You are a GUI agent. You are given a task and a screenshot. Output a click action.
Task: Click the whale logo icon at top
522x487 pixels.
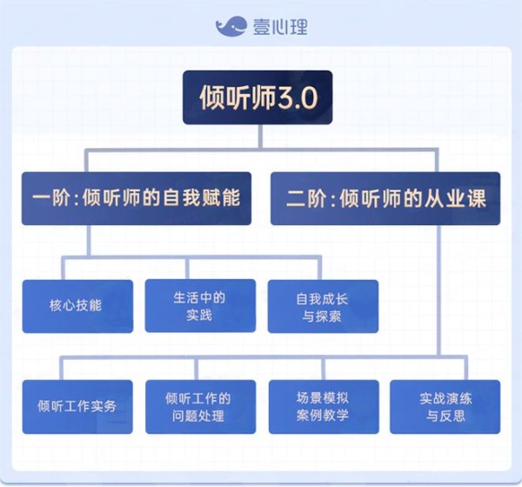pyautogui.click(x=231, y=26)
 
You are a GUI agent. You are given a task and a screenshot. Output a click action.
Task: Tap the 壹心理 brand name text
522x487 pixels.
pyautogui.click(x=280, y=27)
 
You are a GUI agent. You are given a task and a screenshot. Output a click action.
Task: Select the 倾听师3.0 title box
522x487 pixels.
pyautogui.click(x=258, y=97)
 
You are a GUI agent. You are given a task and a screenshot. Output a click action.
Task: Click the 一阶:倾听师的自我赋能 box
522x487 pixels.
pyautogui.click(x=137, y=198)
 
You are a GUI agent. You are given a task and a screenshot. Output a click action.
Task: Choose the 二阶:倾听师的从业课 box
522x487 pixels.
pyautogui.click(x=385, y=198)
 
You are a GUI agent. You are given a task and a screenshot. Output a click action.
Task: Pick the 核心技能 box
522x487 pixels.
pyautogui.click(x=77, y=306)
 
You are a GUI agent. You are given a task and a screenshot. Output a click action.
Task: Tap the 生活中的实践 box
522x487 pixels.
pyautogui.click(x=200, y=305)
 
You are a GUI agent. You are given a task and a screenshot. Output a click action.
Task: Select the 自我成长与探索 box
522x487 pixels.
pyautogui.click(x=323, y=306)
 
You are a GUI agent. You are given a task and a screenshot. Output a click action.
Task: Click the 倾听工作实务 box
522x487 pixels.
pyautogui.click(x=77, y=407)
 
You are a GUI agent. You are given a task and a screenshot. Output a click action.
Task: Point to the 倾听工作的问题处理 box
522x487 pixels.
pyautogui.click(x=201, y=407)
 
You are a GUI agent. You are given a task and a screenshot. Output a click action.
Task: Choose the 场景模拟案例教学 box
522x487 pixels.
pyautogui.click(x=324, y=407)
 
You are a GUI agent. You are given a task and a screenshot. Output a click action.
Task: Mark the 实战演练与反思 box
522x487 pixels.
pyautogui.click(x=445, y=407)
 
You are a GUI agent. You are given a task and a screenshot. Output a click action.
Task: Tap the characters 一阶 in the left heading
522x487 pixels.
pyautogui.click(x=51, y=198)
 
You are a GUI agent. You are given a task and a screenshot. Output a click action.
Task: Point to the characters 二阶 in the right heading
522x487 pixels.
pyautogui.click(x=306, y=199)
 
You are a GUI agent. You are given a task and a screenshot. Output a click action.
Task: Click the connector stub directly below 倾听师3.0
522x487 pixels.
pyautogui.click(x=260, y=137)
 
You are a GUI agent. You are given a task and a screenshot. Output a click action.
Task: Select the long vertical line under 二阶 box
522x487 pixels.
pyautogui.click(x=438, y=290)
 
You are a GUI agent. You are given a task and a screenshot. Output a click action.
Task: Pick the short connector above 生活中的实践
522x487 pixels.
pyautogui.click(x=187, y=269)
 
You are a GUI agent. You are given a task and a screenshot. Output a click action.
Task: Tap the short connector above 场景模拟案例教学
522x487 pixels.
pyautogui.click(x=324, y=369)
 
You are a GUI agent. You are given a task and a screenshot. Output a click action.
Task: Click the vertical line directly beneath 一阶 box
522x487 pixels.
pyautogui.click(x=89, y=240)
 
